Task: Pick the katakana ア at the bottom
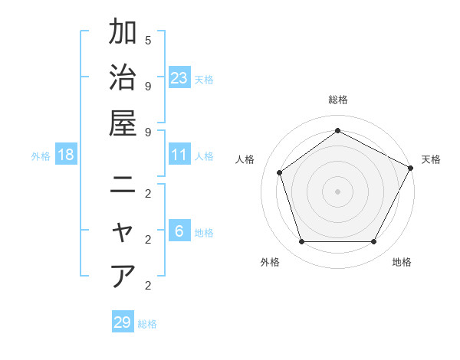[x=123, y=276]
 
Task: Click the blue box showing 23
[x=179, y=77]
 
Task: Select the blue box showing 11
[x=179, y=155]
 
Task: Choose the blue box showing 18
[x=66, y=155]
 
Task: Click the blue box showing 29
[x=123, y=322]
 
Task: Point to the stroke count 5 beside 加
[x=148, y=39]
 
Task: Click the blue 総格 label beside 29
[x=147, y=324]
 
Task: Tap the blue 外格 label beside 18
[x=41, y=156]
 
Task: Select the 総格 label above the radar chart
[x=337, y=100]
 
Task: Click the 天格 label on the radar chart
[x=431, y=159]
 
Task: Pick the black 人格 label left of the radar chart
[x=245, y=159]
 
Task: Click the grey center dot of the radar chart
[x=337, y=191]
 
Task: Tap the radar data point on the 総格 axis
[x=337, y=130]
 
